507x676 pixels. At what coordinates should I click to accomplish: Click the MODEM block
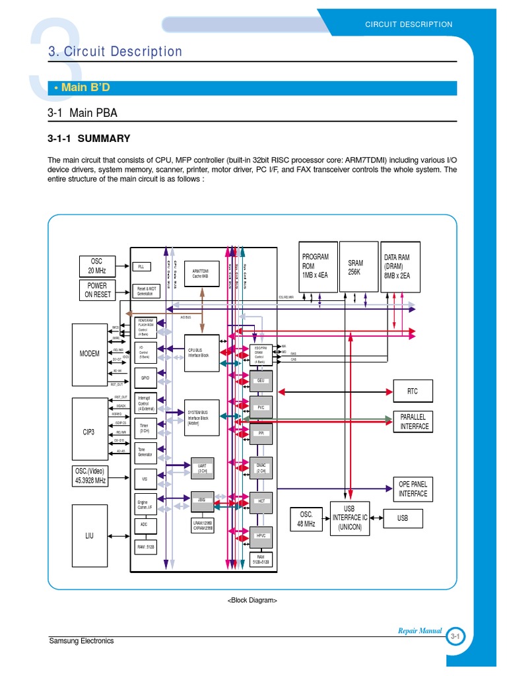coord(90,353)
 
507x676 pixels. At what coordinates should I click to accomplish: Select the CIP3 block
coord(90,432)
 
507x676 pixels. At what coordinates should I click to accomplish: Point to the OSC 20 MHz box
coord(96,265)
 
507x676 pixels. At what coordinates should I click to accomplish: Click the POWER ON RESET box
coord(96,290)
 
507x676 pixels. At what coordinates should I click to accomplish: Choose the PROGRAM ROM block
coord(320,266)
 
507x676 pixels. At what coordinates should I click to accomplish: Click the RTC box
coord(412,391)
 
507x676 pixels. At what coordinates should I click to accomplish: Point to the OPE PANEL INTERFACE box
coord(413,489)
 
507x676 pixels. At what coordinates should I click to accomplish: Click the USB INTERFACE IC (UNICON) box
coord(350,518)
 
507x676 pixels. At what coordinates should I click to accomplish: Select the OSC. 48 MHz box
coord(306,520)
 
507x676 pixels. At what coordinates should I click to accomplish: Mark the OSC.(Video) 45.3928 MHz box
coord(90,476)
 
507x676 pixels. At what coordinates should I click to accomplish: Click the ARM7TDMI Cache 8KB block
coord(202,273)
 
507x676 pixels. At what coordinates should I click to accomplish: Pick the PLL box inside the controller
coord(141,267)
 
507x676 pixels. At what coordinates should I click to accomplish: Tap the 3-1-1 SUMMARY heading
coord(88,139)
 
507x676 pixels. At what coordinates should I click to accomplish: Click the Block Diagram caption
coord(252,601)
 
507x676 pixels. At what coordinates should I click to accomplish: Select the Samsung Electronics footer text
coord(82,640)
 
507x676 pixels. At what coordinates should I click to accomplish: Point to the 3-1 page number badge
coord(456,636)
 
